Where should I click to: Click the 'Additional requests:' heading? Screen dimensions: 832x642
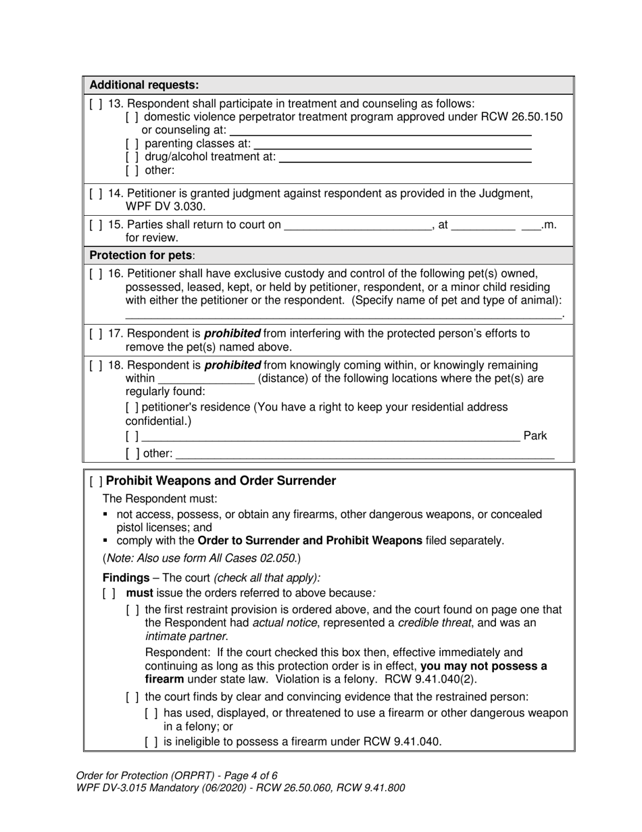click(x=144, y=85)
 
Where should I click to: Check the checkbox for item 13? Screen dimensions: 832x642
click(x=95, y=103)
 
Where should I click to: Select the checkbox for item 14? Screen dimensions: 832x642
click(x=95, y=193)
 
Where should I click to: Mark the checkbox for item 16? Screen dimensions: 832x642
click(x=95, y=274)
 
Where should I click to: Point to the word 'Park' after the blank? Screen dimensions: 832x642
click(x=535, y=436)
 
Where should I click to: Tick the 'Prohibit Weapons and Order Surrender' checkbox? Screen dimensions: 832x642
click(x=96, y=482)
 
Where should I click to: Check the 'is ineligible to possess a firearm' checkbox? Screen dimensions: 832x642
click(x=151, y=742)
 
